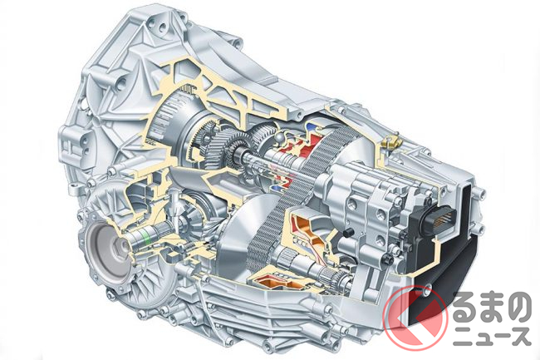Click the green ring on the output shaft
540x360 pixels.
(x=148, y=238)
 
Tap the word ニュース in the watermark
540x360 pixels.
(x=492, y=336)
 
